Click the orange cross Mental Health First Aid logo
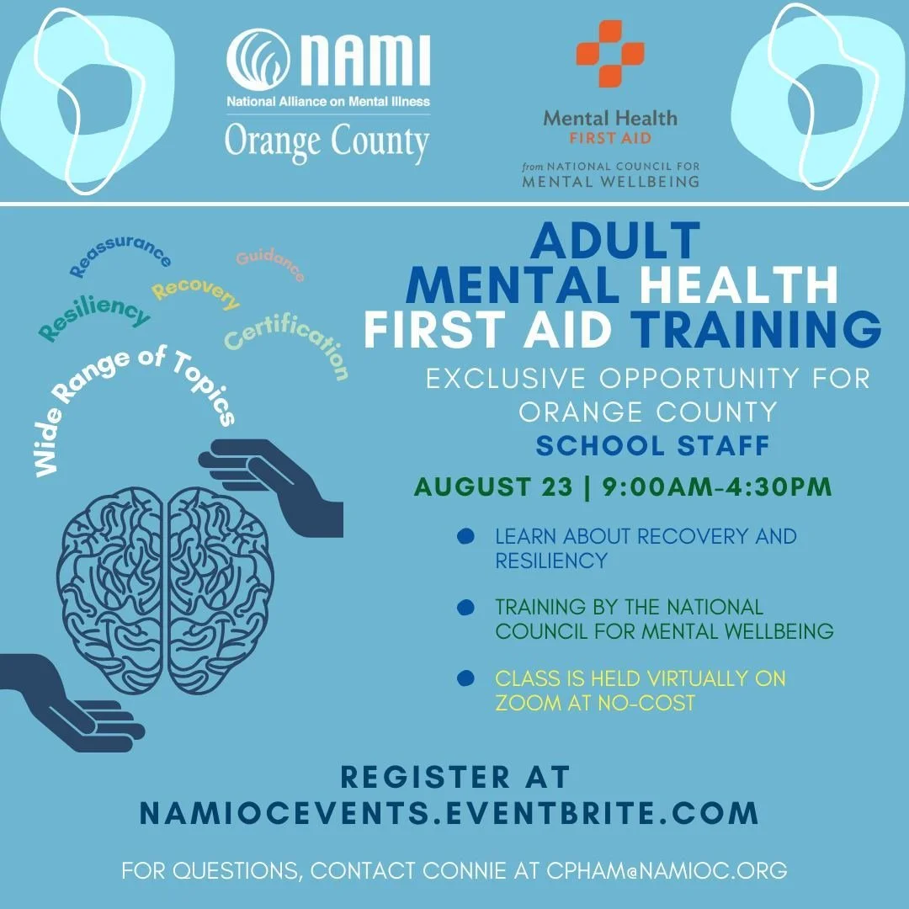[609, 54]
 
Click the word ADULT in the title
[616, 242]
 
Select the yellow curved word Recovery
[196, 293]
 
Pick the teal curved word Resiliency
[94, 318]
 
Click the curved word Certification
[287, 342]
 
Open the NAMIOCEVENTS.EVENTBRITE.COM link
[449, 813]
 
